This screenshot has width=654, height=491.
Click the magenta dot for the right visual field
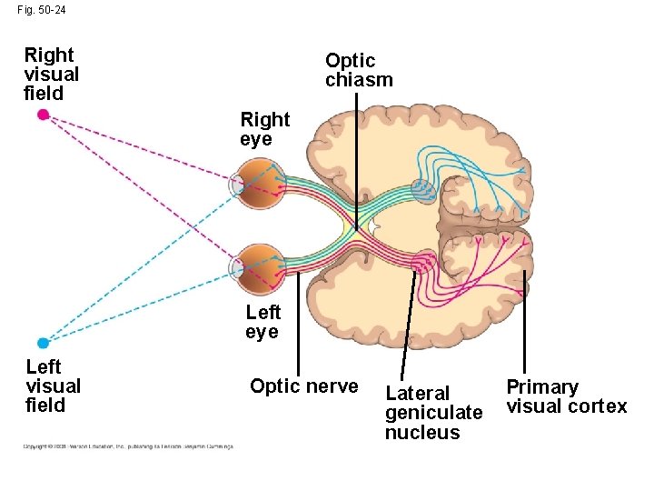(x=42, y=115)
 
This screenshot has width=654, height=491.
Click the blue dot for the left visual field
(x=43, y=343)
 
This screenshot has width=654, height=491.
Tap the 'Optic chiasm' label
(x=359, y=70)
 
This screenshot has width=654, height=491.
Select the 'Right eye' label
(x=264, y=129)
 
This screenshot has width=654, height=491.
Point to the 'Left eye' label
(x=263, y=322)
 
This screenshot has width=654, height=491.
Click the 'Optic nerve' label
(x=303, y=386)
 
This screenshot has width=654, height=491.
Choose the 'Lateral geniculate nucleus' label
(x=433, y=413)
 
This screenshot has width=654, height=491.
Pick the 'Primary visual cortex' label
(x=566, y=396)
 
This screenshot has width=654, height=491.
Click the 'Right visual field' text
(x=51, y=75)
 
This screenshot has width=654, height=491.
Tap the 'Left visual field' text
(x=53, y=386)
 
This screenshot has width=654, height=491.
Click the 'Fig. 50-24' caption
(x=41, y=10)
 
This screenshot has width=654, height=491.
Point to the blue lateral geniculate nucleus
(x=423, y=189)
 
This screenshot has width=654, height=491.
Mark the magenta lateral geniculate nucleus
(x=423, y=264)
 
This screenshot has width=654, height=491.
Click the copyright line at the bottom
(x=127, y=446)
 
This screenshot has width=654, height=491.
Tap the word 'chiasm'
(x=359, y=80)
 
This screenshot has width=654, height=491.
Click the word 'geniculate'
(x=433, y=413)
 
